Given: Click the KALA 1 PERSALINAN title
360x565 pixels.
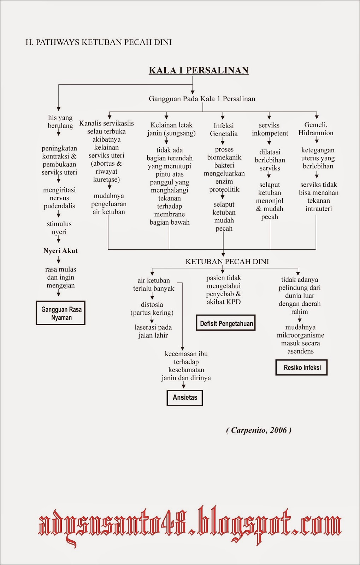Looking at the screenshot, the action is pyautogui.click(x=199, y=70).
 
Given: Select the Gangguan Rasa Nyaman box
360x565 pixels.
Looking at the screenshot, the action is pyautogui.click(x=60, y=313).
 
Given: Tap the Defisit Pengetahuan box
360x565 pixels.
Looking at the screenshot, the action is pyautogui.click(x=226, y=323).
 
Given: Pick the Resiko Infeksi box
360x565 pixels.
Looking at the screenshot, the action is pyautogui.click(x=301, y=368).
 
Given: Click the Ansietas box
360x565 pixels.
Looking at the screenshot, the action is pyautogui.click(x=185, y=398).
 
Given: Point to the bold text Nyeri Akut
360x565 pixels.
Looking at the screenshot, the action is pyautogui.click(x=60, y=251).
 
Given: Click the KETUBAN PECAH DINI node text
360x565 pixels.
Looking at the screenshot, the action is pyautogui.click(x=227, y=262).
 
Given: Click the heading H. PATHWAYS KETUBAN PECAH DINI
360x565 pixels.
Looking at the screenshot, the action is pyautogui.click(x=99, y=42).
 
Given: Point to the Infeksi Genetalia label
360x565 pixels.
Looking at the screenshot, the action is pyautogui.click(x=224, y=130).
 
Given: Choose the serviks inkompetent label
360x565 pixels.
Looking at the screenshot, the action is pyautogui.click(x=270, y=129).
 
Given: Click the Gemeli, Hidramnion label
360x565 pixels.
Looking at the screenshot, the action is pyautogui.click(x=316, y=129).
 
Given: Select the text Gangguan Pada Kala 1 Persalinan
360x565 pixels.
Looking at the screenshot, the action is pyautogui.click(x=202, y=99).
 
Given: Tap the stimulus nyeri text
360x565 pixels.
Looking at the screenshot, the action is pyautogui.click(x=59, y=228).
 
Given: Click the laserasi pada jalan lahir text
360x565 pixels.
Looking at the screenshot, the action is pyautogui.click(x=153, y=332).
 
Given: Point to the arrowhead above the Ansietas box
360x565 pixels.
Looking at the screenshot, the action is pyautogui.click(x=184, y=386).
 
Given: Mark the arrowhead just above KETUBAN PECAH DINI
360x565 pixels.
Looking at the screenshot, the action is pyautogui.click(x=223, y=255).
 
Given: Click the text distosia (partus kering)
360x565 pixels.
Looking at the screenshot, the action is pyautogui.click(x=152, y=309).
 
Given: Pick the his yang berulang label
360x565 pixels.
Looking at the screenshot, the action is pyautogui.click(x=60, y=121).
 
